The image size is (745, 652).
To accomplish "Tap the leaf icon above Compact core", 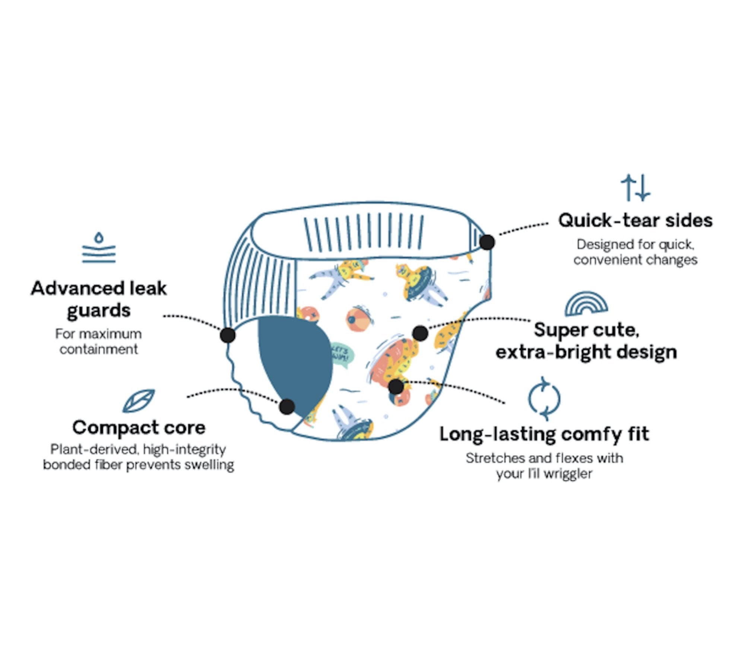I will [x=139, y=401].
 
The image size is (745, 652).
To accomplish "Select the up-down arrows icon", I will [x=635, y=187].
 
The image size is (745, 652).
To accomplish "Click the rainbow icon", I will [x=586, y=304].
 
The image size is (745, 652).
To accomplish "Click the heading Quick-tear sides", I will [x=635, y=220].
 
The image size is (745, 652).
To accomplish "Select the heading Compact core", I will [x=139, y=427].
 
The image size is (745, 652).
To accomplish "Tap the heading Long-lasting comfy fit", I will [x=544, y=434].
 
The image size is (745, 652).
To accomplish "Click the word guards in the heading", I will [x=99, y=311].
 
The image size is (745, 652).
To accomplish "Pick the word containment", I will [x=99, y=349].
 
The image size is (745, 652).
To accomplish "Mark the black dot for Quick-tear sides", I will [x=487, y=242].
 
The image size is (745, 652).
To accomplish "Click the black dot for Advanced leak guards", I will [x=228, y=335].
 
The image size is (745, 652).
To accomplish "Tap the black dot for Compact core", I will [x=287, y=406].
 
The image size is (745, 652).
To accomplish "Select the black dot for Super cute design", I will [x=420, y=333].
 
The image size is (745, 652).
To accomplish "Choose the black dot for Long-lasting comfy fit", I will [x=396, y=386].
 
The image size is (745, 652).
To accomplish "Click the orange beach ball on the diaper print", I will [x=358, y=319].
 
